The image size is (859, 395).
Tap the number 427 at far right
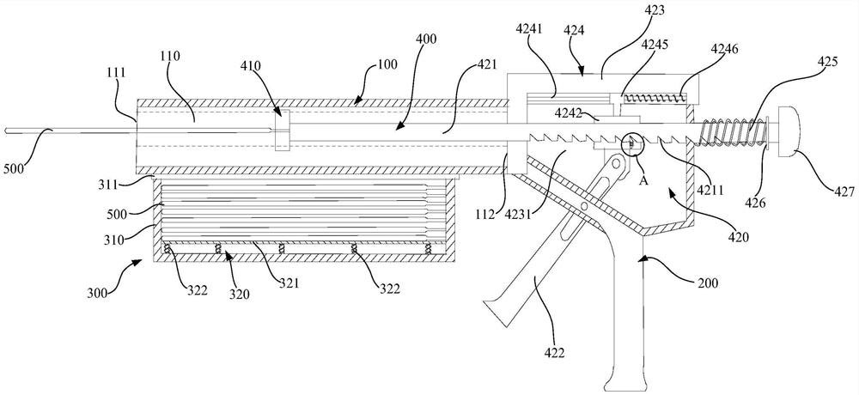pos(813,181)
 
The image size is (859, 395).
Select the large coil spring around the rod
pos(732,133)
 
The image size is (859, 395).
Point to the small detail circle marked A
pos(631,143)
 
